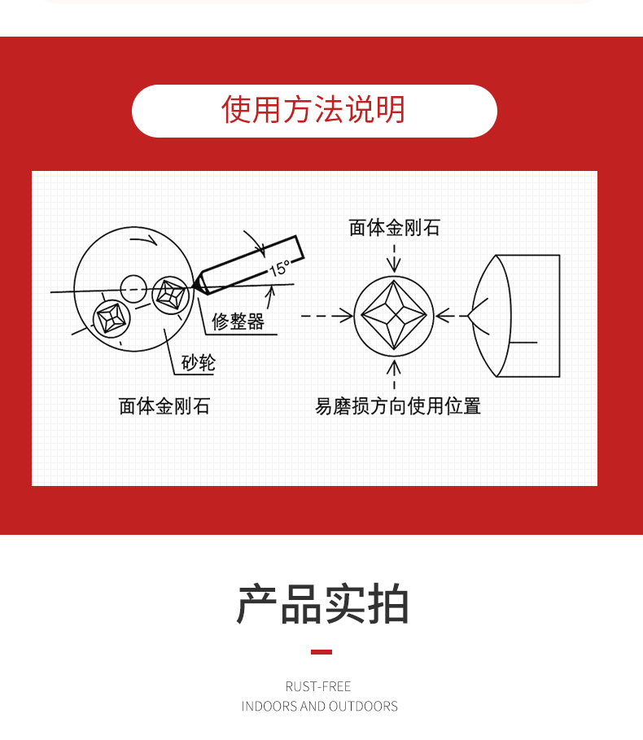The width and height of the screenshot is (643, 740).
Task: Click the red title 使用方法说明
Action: (313, 109)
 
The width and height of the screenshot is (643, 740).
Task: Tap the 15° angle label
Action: (280, 268)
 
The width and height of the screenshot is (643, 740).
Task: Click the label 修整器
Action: (238, 322)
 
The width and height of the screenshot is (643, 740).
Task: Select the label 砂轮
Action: (198, 362)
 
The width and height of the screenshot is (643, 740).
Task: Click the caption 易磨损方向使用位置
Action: (398, 406)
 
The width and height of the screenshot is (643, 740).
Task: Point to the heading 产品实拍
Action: (322, 604)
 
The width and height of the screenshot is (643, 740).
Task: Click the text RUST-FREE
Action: (318, 686)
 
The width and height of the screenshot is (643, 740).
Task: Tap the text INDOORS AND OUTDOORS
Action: (319, 706)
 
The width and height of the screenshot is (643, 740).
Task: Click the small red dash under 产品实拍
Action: (321, 652)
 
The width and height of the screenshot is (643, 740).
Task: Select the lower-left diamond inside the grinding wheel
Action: (112, 318)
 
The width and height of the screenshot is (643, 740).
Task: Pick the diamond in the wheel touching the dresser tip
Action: (171, 295)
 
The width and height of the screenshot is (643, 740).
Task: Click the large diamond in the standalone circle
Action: (394, 315)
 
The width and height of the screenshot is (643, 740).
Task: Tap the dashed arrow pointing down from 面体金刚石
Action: (394, 258)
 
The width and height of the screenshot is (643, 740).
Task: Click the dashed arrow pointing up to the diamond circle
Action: (394, 374)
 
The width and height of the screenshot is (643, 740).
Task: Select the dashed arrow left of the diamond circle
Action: (326, 315)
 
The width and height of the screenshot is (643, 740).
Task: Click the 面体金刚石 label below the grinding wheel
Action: (164, 406)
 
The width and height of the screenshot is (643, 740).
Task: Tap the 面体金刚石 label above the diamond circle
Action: (395, 227)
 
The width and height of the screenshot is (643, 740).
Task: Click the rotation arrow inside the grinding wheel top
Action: (144, 240)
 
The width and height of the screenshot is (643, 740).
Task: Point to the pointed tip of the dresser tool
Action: (192, 286)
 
